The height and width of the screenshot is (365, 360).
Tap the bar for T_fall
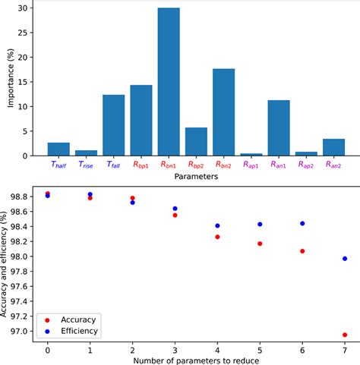click(113, 125)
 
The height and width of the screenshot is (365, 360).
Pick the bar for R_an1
click(277, 128)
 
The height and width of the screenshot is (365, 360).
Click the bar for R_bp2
click(195, 142)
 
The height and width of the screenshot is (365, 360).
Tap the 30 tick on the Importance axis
click(26, 8)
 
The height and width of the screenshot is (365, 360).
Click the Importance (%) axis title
click(8, 82)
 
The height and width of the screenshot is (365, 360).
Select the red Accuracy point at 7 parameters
click(345, 335)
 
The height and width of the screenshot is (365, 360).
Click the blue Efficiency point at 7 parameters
click(345, 259)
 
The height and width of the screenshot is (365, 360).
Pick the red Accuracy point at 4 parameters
click(217, 237)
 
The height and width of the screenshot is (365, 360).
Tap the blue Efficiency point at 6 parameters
click(302, 224)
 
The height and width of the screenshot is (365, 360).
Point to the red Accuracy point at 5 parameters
click(260, 244)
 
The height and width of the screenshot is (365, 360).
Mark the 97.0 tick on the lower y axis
click(23, 331)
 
